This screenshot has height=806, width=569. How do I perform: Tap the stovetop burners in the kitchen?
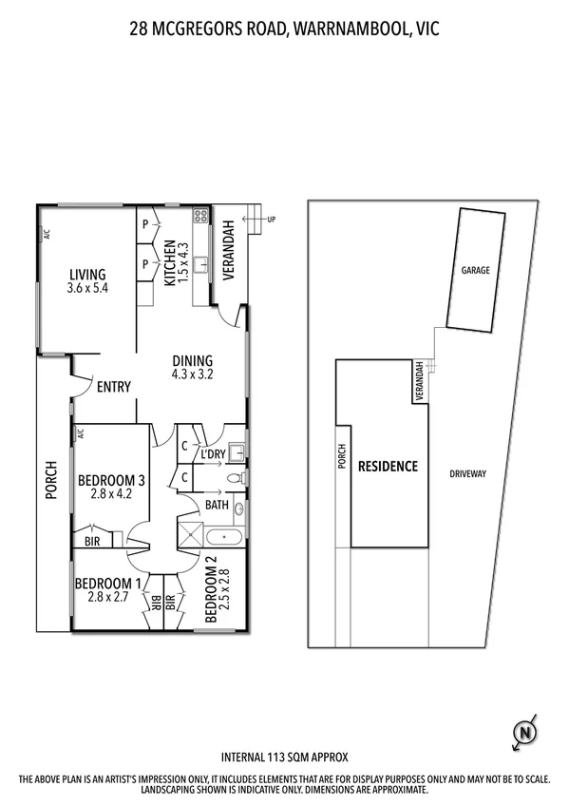(x=200, y=216)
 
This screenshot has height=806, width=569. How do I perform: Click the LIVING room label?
(x=86, y=276)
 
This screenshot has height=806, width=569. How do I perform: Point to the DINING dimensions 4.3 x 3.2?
(x=192, y=374)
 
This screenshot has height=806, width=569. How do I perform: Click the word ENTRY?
(x=114, y=387)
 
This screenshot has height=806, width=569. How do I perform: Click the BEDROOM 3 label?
(x=112, y=479)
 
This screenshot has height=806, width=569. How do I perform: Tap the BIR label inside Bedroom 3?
(x=94, y=540)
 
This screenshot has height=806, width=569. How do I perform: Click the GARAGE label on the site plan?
(x=475, y=270)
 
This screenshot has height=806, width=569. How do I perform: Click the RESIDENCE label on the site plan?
(x=388, y=467)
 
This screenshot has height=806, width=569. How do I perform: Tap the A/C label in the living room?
(x=45, y=234)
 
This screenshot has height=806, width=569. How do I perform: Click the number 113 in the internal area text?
(x=275, y=758)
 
